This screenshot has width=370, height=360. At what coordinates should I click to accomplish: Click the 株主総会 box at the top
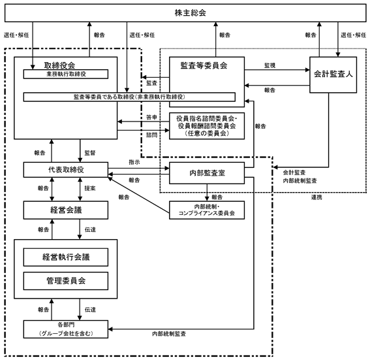point(185,13)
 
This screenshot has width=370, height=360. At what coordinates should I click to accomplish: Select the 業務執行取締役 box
point(66,74)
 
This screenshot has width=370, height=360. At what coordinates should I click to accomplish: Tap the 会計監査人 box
point(333,74)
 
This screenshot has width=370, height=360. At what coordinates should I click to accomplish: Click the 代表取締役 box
point(66,170)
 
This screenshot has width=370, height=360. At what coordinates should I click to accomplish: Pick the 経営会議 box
point(66,210)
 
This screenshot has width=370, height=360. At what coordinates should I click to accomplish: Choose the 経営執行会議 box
point(66,257)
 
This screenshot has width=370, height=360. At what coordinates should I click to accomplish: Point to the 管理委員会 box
point(66,281)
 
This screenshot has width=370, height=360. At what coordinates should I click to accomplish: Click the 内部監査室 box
point(207,173)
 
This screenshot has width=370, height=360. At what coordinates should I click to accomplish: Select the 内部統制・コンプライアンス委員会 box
point(207,210)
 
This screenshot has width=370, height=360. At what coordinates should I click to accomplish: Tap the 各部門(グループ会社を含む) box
point(66,329)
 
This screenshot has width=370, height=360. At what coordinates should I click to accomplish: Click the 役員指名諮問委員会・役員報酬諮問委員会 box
point(207,126)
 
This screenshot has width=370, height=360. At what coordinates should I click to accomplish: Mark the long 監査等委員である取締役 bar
point(129,97)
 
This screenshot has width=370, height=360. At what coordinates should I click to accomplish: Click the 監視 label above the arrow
point(270,65)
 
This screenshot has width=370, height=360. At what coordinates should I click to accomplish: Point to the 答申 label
point(151,117)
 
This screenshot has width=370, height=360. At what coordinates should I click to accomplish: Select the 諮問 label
point(151,135)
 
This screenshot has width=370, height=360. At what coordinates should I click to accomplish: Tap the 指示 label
point(134,162)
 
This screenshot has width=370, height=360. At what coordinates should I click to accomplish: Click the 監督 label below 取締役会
point(90,153)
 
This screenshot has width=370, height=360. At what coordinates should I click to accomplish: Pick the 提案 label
point(90,188)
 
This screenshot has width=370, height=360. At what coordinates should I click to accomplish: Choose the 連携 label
point(316,197)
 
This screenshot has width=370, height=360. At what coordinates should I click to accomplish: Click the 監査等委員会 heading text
point(204,65)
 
